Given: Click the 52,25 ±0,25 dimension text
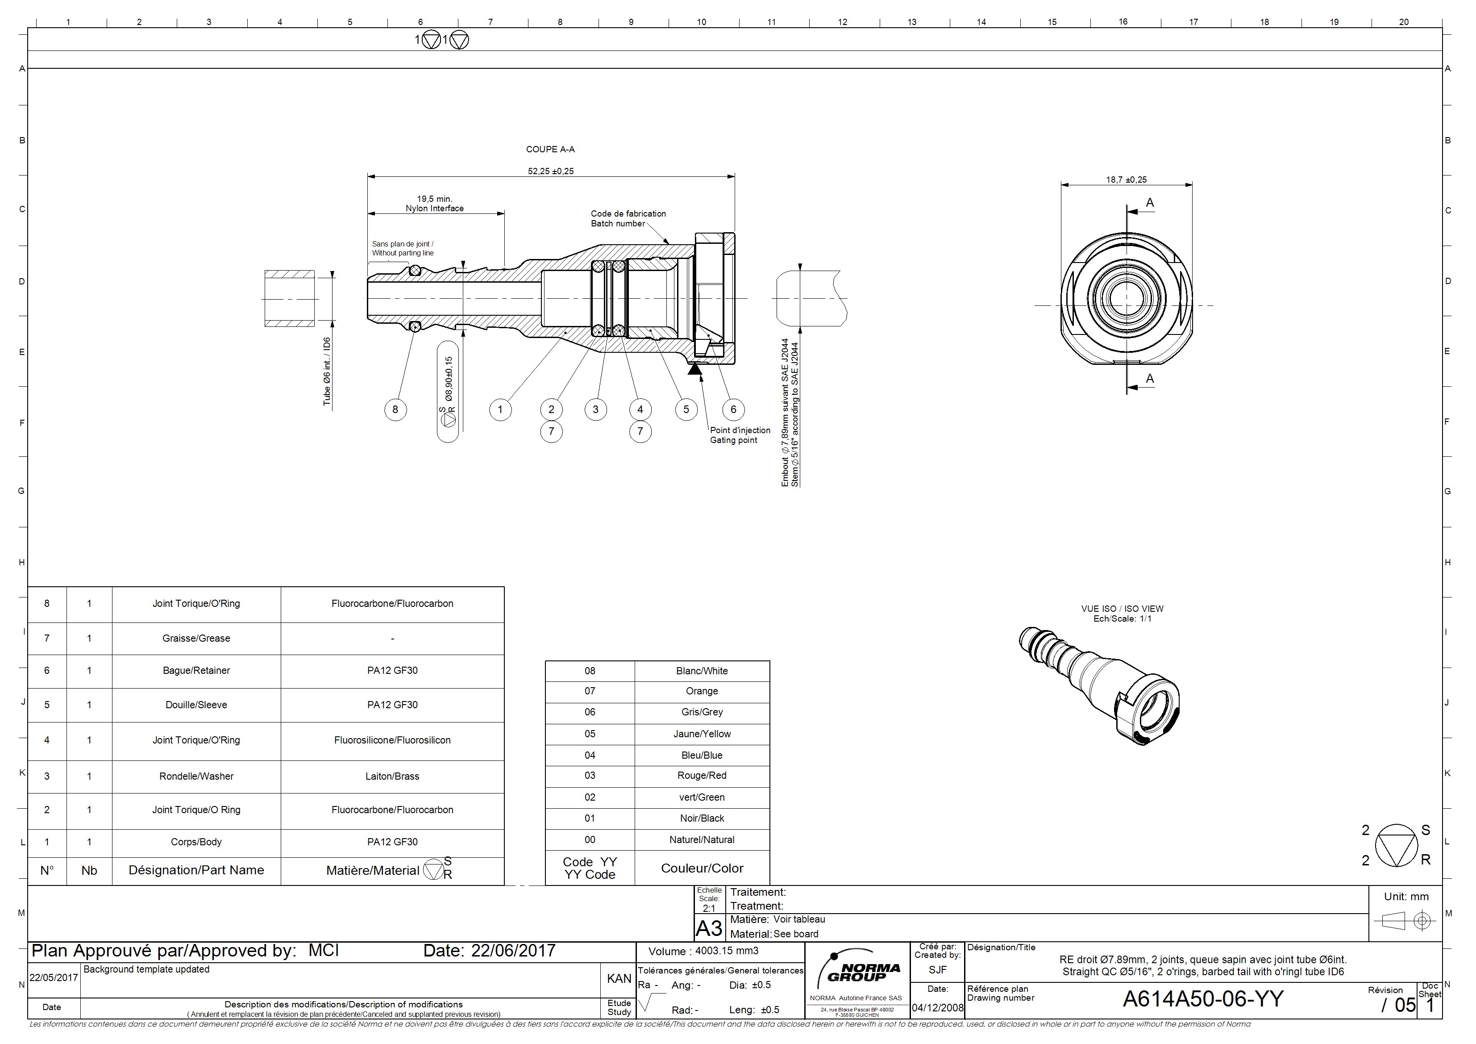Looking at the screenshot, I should pyautogui.click(x=551, y=171).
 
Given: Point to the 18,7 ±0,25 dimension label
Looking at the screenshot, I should pyautogui.click(x=1126, y=180).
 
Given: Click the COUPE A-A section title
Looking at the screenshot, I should pyautogui.click(x=550, y=149).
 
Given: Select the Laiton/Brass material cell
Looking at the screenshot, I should pyautogui.click(x=392, y=777).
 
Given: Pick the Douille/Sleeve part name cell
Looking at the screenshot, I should pyautogui.click(x=196, y=705).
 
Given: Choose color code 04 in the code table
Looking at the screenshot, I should pyautogui.click(x=590, y=755).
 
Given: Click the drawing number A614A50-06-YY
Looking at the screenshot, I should pyautogui.click(x=1203, y=999).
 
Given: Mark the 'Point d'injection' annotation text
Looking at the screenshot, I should pyautogui.click(x=740, y=430).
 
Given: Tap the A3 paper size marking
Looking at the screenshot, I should pyautogui.click(x=709, y=928).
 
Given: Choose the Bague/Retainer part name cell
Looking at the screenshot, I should pyautogui.click(x=196, y=670).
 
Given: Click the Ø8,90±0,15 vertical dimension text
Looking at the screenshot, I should pyautogui.click(x=449, y=380).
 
